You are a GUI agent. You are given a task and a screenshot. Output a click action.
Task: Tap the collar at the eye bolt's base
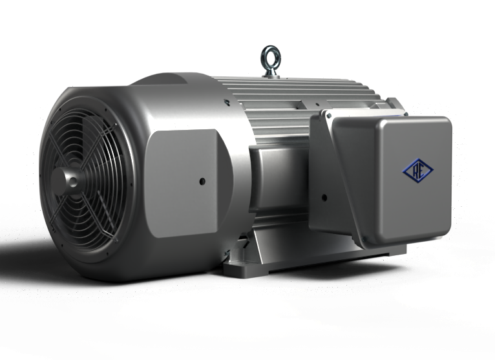(x=271, y=72)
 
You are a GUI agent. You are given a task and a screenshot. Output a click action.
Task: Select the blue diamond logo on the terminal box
(x=418, y=170)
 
